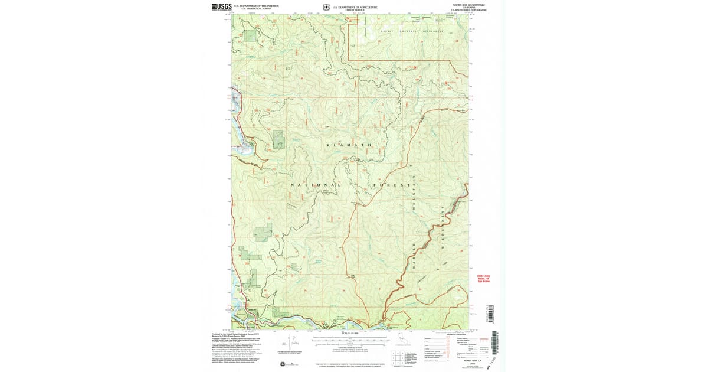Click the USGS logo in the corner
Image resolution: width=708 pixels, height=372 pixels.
221,7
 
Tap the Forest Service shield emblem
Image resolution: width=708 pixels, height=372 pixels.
326,8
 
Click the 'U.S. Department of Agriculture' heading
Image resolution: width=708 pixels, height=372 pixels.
355,6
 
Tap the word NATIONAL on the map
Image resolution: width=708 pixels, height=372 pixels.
316,185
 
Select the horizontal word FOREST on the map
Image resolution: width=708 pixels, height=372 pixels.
391,185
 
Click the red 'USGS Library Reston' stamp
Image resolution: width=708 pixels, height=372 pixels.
483,278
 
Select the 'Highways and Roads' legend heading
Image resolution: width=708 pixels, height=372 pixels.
453,334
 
